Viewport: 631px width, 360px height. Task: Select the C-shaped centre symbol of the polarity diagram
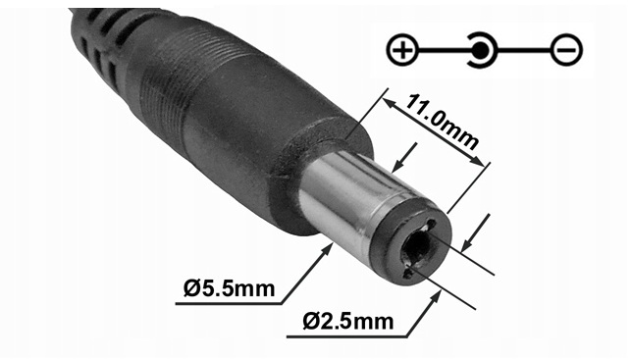[x=481, y=49]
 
